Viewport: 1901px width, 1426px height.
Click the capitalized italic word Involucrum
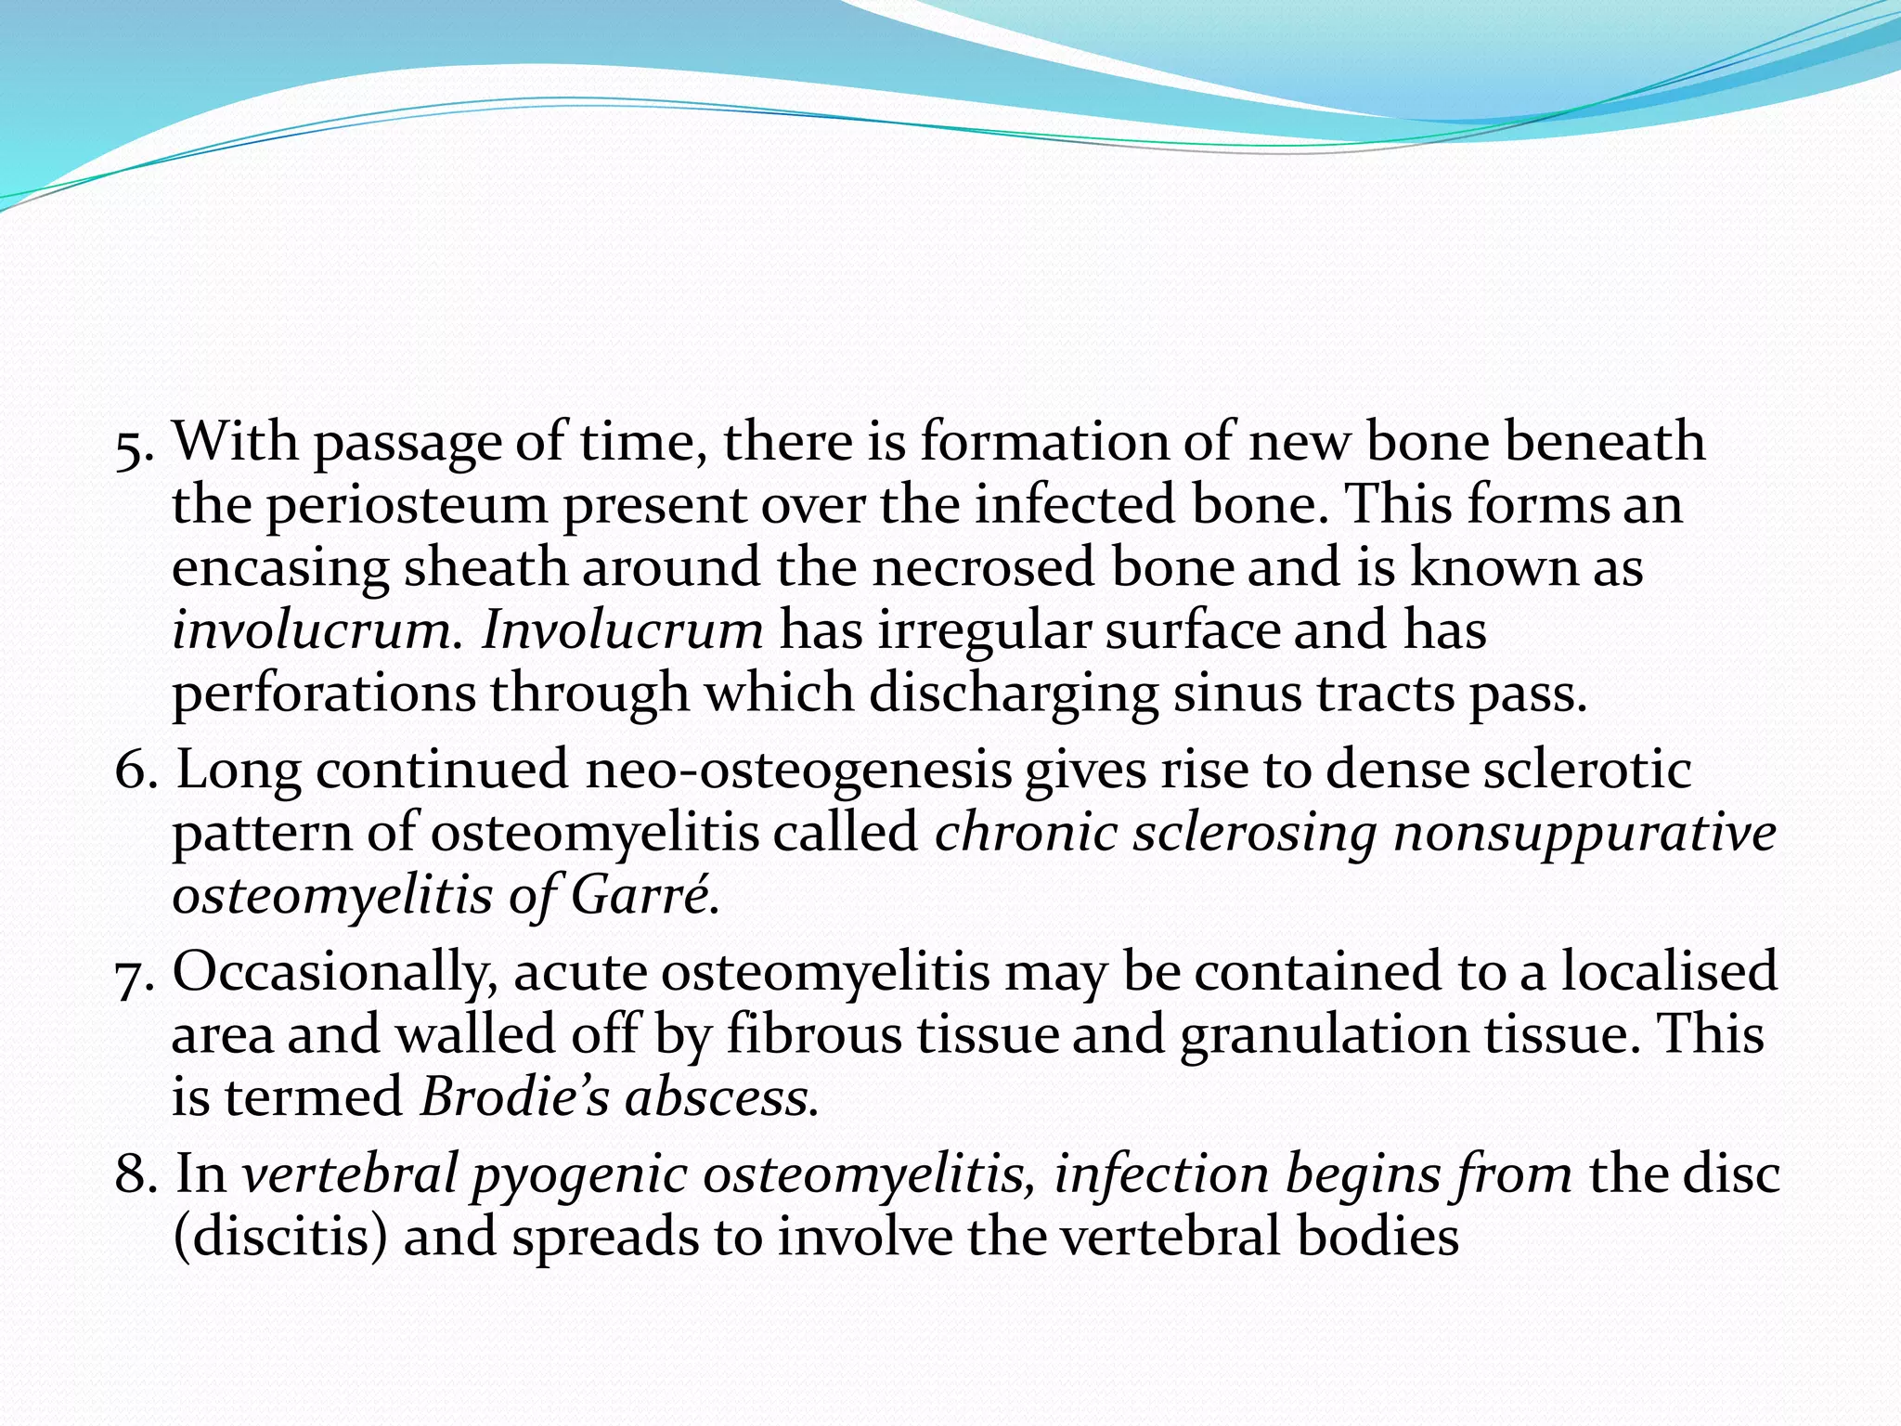point(623,630)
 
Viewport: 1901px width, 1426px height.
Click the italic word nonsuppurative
point(1584,834)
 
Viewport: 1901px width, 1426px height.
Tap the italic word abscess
point(720,1098)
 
